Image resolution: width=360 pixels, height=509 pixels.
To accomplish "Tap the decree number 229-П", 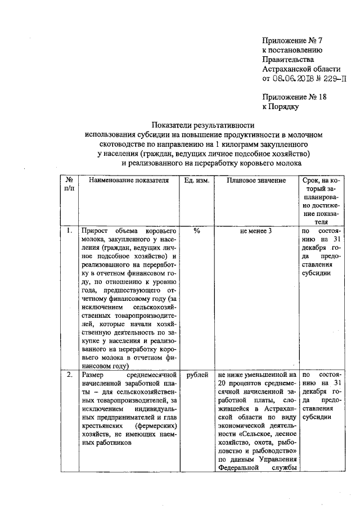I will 332,78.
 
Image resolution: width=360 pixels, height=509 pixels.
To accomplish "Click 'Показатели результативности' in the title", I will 203,125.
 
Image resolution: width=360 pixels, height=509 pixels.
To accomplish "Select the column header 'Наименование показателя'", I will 125,181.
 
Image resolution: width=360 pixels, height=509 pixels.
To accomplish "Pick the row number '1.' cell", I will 69,231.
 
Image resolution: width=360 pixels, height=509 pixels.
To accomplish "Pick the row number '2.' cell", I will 69,374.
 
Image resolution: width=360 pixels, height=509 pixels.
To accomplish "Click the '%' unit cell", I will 197,231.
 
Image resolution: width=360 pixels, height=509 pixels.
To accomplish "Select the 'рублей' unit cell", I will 197,374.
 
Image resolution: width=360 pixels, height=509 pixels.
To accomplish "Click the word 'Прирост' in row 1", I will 94,231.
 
